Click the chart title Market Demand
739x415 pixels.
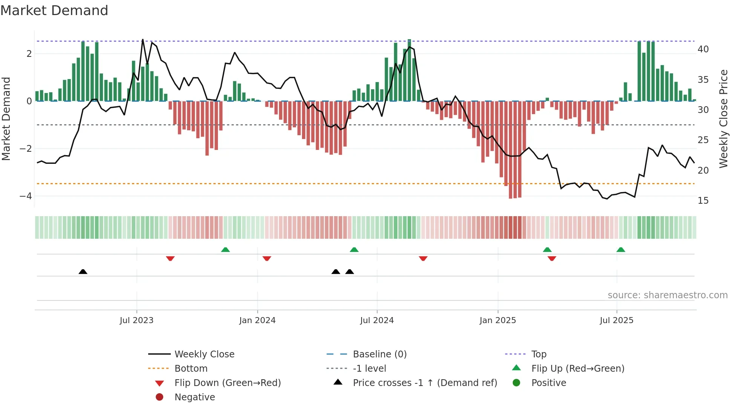point(54,11)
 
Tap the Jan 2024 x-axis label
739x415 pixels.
point(257,320)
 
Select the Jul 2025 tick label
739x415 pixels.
point(616,320)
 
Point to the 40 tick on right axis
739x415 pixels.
point(703,49)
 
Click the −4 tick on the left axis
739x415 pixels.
point(26,196)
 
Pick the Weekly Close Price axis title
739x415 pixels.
point(723,119)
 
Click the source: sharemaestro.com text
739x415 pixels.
point(667,295)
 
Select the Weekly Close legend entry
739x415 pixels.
point(204,354)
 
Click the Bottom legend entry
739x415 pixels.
point(191,369)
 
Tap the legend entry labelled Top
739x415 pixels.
point(538,354)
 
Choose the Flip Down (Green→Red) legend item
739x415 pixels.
point(227,383)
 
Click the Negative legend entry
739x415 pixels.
point(195,397)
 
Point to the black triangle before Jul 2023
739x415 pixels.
point(83,272)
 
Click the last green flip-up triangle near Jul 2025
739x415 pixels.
point(621,250)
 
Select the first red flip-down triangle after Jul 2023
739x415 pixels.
point(170,258)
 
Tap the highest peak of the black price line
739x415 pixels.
point(143,40)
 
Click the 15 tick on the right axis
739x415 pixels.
point(703,201)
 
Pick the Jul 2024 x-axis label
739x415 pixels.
point(377,320)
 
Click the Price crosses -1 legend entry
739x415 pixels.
point(425,383)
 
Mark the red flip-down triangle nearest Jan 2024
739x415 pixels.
point(267,258)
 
